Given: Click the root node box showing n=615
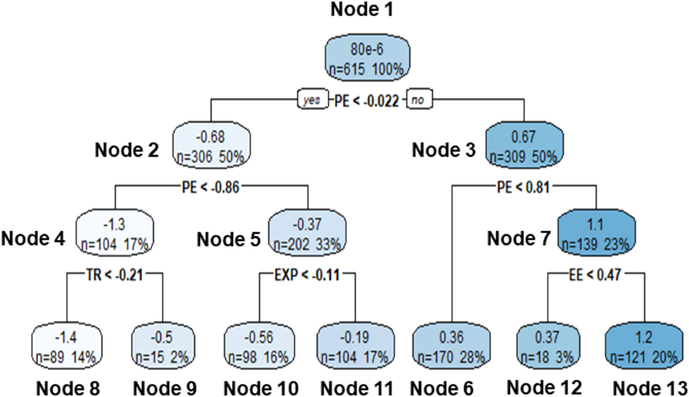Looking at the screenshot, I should tap(367, 60).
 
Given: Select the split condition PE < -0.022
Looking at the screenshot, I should tap(367, 100).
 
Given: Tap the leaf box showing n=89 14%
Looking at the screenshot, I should tap(66, 344).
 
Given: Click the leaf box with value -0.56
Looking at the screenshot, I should tap(258, 344).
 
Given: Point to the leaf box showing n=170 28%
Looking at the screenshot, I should tap(451, 344).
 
